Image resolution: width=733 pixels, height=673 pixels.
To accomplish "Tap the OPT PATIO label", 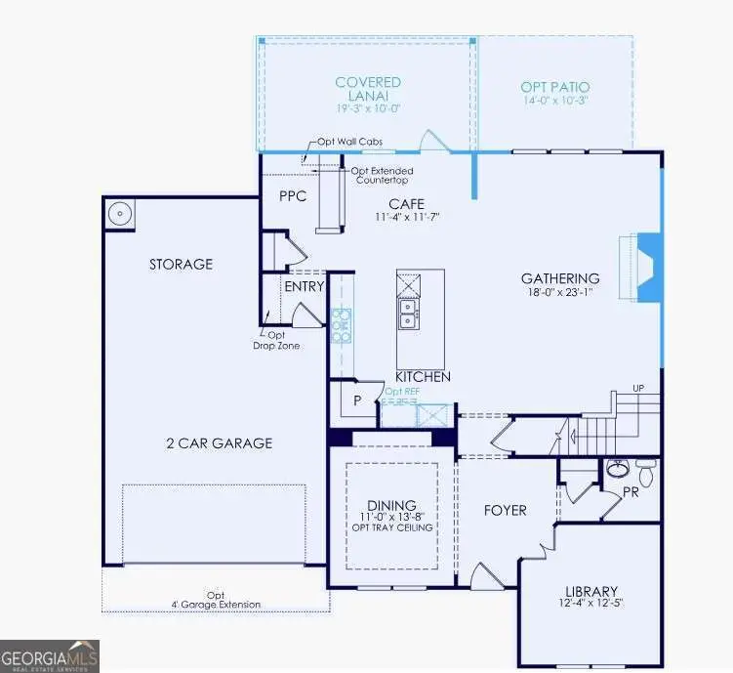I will coord(554,88).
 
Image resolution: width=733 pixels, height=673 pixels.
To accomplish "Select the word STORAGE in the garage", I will coord(181,264).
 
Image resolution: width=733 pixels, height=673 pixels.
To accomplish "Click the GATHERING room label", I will coord(559,278).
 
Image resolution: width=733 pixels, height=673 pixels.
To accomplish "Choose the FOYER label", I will coord(506,510).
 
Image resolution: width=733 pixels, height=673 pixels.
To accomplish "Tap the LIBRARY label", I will coord(591,591).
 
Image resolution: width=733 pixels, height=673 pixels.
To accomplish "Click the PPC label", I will coord(293,195).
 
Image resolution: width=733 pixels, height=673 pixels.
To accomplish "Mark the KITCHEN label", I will coord(423,376).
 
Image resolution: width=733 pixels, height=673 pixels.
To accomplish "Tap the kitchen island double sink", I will coord(408,313).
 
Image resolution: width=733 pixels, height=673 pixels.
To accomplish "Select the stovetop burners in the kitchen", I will coord(341,325).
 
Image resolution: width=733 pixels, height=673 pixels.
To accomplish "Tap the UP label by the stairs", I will coord(638,389).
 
